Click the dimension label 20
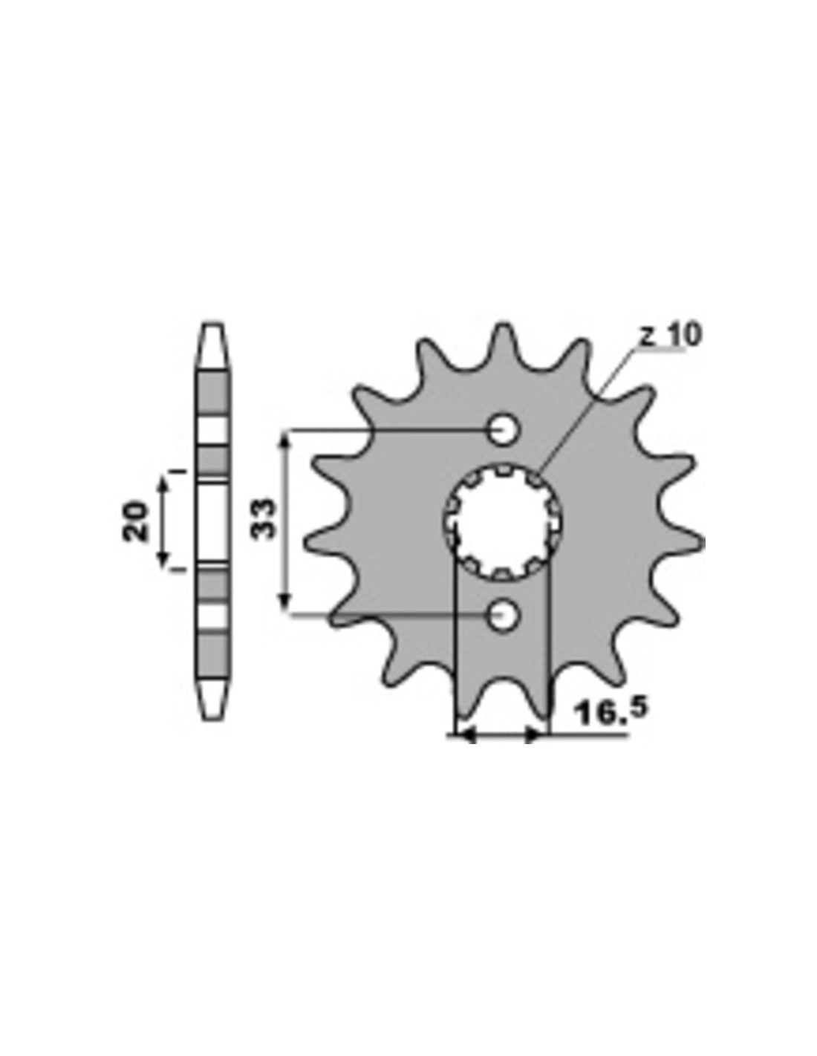coord(134,521)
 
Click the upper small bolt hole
coord(503,429)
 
